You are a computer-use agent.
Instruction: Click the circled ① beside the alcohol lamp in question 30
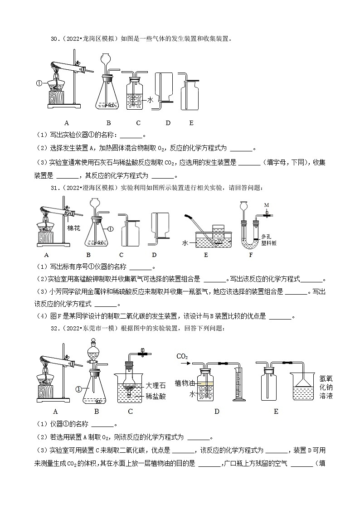[39, 83]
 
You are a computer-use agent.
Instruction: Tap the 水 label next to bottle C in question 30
[150, 100]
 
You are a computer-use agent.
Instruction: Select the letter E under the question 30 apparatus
[191, 123]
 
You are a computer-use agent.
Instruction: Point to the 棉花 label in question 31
[73, 228]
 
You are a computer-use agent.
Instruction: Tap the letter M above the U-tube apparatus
[267, 204]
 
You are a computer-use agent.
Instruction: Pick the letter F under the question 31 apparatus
[251, 255]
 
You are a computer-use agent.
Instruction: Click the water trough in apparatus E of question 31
[212, 240]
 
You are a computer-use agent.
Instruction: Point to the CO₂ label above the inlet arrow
[182, 356]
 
